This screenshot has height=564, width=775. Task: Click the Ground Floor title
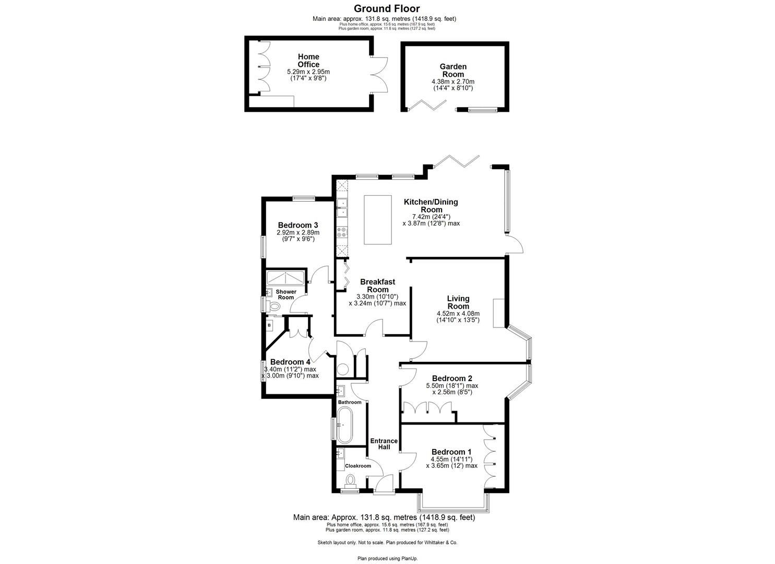(387, 8)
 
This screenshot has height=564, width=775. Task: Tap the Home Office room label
(308, 60)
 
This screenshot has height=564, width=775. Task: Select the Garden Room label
(452, 70)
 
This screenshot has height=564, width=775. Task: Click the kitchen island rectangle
(378, 219)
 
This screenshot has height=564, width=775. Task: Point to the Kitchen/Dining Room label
(431, 205)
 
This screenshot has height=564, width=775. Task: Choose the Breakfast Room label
(377, 286)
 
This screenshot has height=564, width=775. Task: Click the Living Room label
(458, 302)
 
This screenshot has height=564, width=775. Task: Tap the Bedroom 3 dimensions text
(298, 236)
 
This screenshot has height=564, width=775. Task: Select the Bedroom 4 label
(290, 362)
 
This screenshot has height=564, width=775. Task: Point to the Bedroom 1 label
(451, 452)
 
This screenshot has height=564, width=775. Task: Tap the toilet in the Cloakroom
(350, 479)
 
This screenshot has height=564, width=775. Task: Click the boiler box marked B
(269, 325)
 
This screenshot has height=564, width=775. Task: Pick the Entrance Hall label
(384, 444)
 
